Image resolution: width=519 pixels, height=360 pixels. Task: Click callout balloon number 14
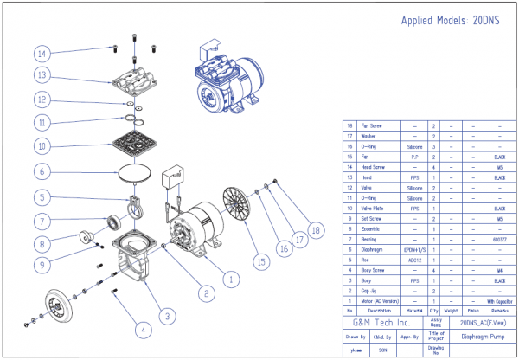pos(42,53)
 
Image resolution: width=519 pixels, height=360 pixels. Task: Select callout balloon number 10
pos(42,145)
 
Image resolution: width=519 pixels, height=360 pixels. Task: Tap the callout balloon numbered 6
pos(42,172)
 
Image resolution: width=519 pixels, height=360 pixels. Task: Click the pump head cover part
pos(134,82)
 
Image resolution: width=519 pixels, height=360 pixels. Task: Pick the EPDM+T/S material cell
pos(414,247)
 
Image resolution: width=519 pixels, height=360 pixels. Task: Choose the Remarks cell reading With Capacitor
pos(499,300)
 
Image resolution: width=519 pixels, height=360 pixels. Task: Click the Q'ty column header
pos(433,309)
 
